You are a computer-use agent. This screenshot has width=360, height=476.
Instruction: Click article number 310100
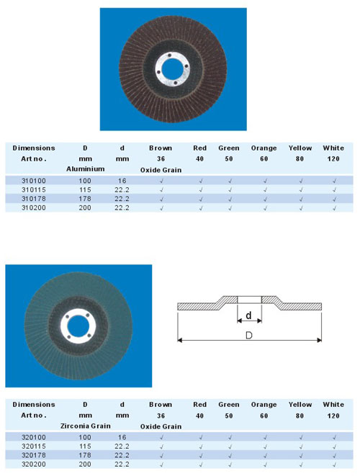pos(34,181)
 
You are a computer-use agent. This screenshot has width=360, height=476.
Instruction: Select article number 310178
pos(34,199)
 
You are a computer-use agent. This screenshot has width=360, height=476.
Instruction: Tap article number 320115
pos(34,446)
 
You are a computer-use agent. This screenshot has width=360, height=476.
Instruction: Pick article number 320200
pos(34,464)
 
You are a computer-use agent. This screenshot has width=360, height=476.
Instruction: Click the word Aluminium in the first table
pos(85,169)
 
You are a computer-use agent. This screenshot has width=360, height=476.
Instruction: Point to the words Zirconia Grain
pos(85,426)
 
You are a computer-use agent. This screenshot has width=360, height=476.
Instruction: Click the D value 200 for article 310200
pos(85,208)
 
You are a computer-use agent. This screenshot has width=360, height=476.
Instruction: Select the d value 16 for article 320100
pos(122,437)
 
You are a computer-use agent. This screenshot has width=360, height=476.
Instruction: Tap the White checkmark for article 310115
pos(334,190)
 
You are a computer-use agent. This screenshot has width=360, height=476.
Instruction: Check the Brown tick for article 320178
pos(161,456)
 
